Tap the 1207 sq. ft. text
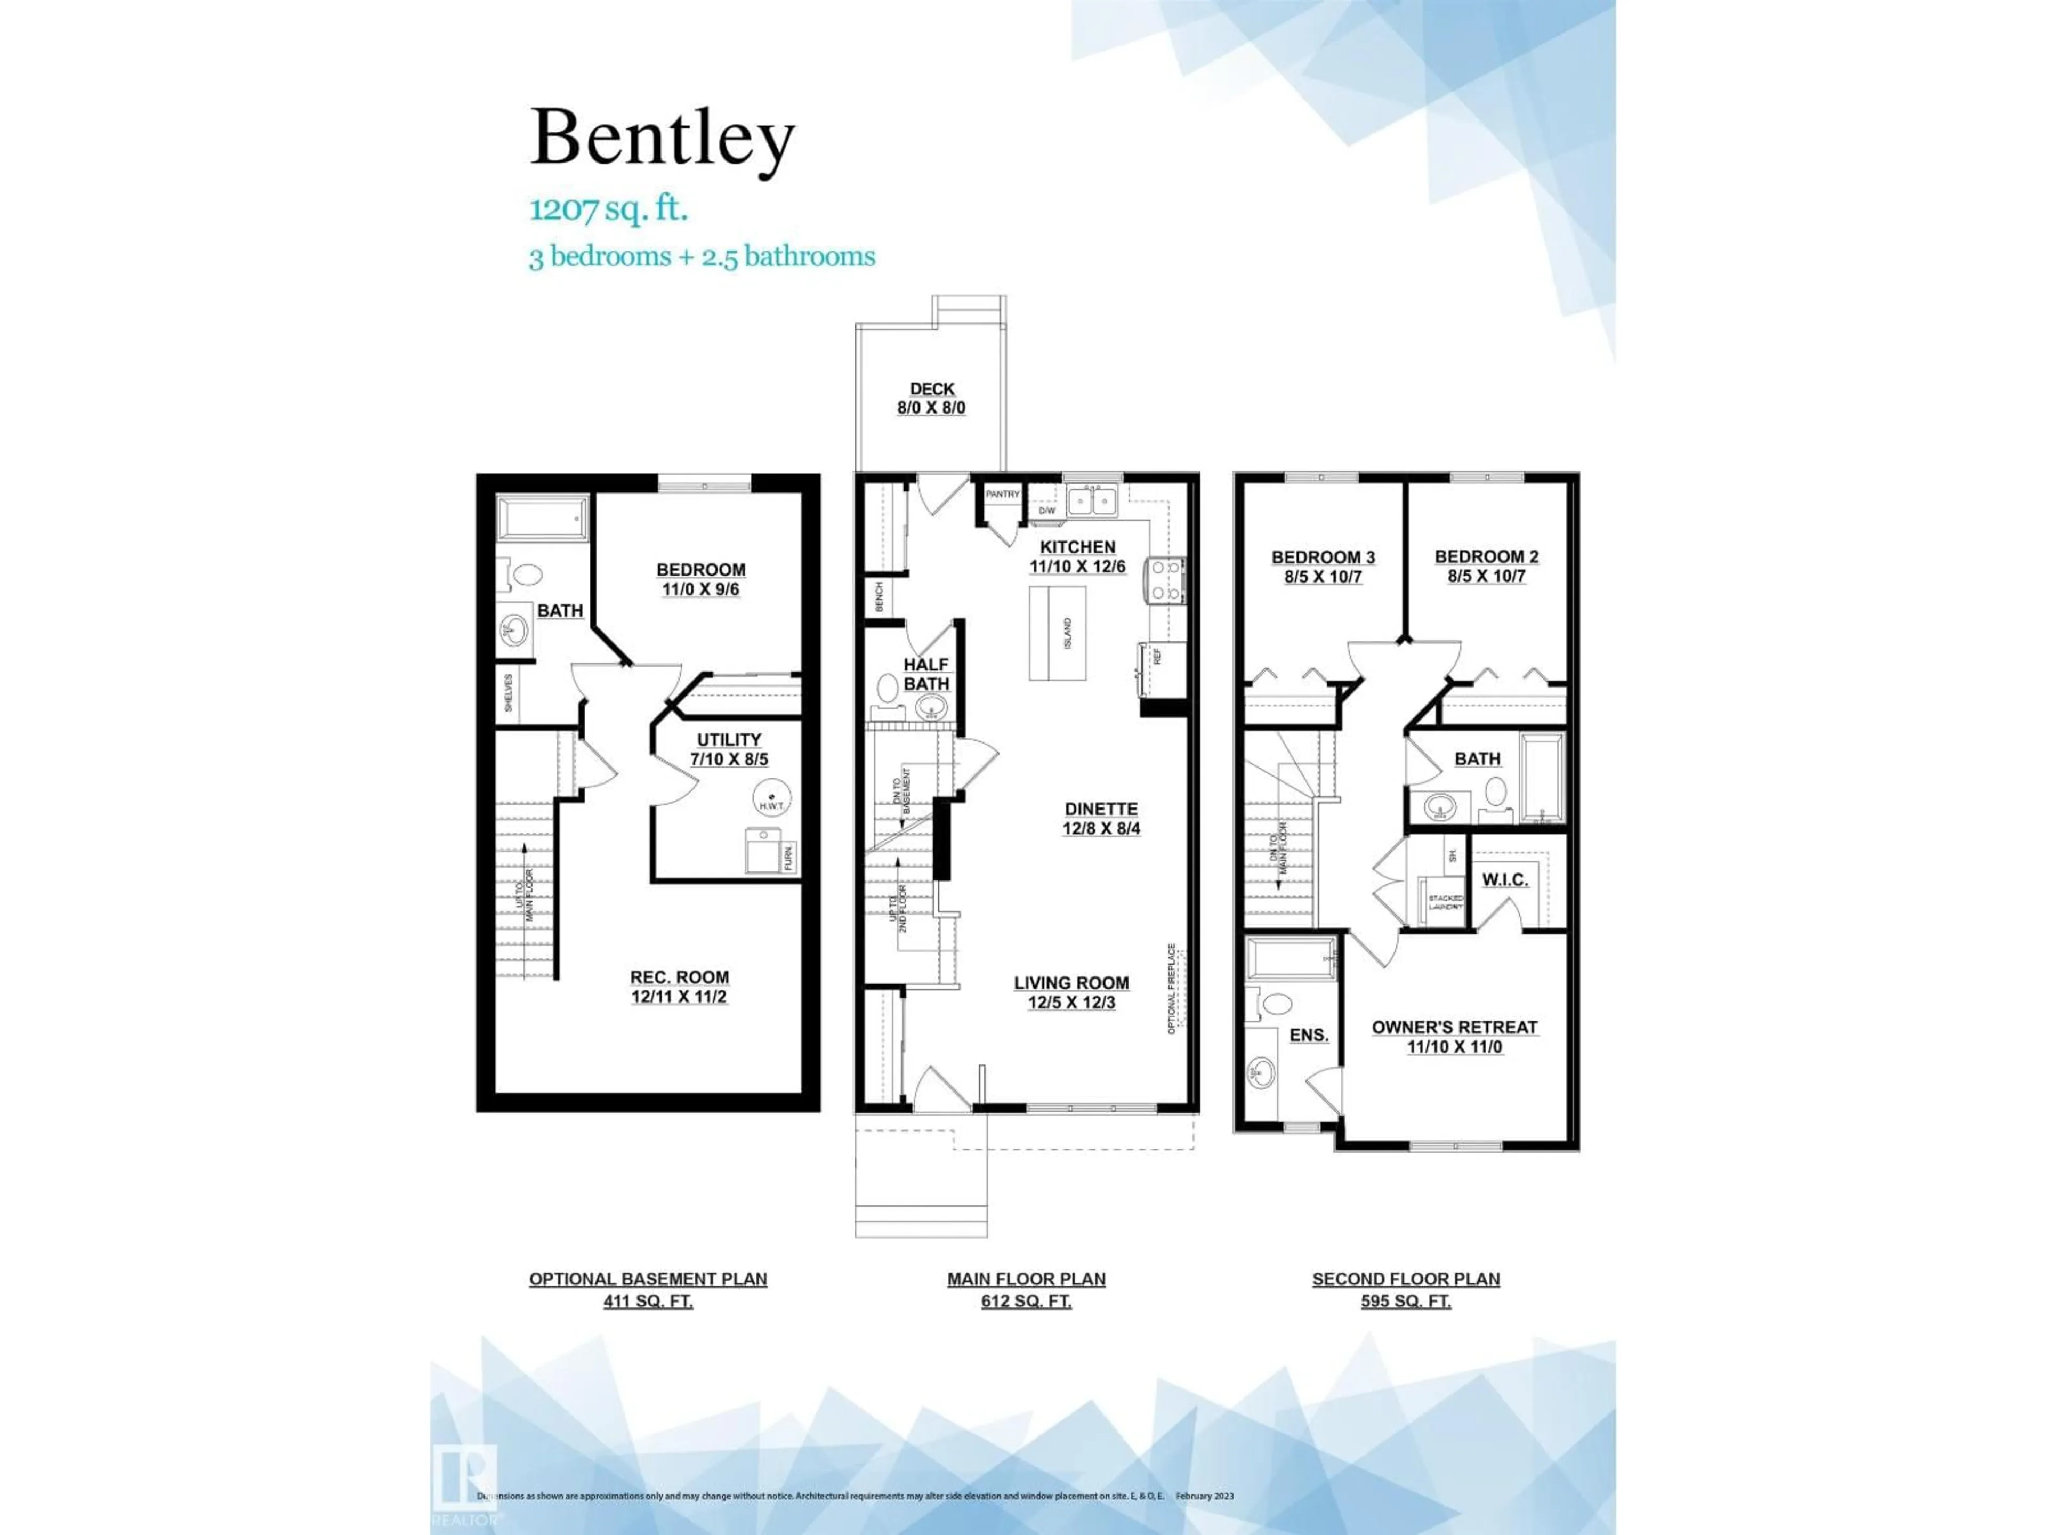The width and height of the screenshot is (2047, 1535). pos(608,209)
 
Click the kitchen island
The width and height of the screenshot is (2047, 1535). pos(1058,632)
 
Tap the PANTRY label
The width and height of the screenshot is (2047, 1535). pos(1002,494)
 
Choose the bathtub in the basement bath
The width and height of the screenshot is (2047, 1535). pos(542,518)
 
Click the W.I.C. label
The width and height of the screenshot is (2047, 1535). pos(1505,879)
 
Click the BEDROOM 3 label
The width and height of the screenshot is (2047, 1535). pos(1323,566)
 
